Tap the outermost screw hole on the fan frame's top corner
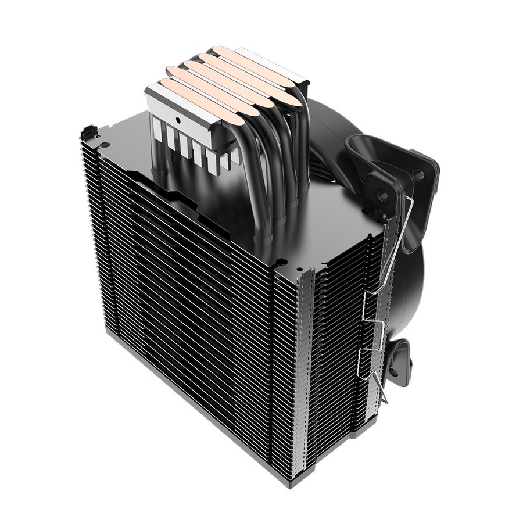[418, 173]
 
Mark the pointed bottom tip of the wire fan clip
[385, 401]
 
